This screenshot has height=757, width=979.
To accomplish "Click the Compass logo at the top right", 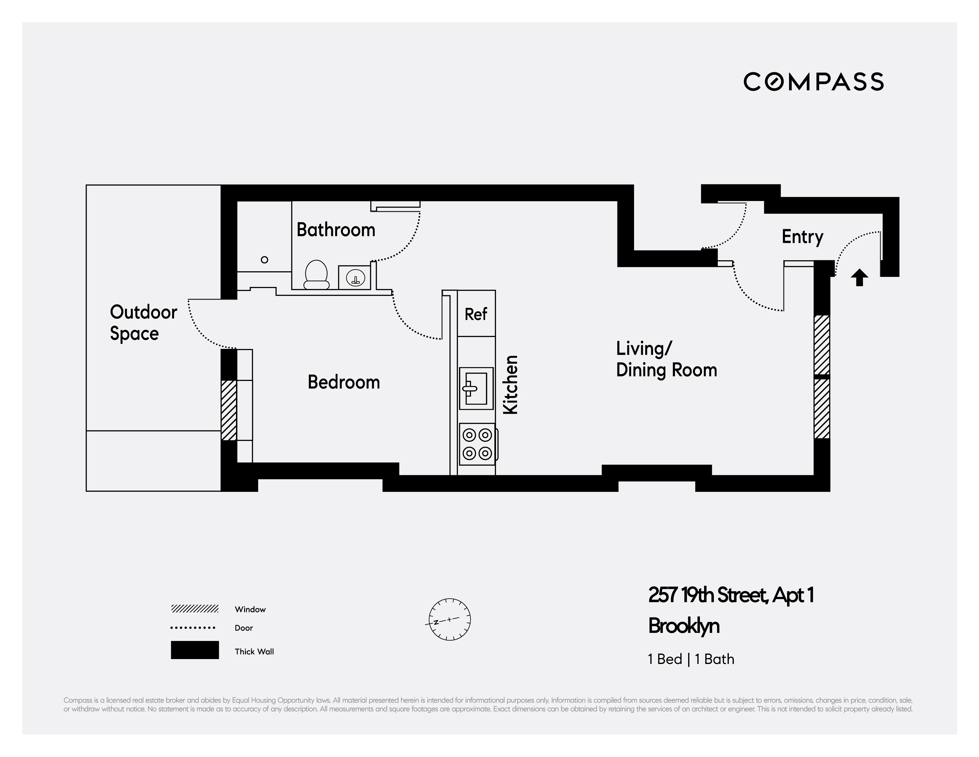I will pos(813,82).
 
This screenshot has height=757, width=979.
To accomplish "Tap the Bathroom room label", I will pos(336,230).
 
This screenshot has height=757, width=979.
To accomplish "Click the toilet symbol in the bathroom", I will pos(317,274).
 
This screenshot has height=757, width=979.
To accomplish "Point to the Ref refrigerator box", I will pos(476,314).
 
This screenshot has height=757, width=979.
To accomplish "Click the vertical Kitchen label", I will pos(511,385).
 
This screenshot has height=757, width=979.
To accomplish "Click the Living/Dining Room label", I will pos(666,359).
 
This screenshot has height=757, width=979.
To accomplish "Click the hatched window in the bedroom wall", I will pos(229,410).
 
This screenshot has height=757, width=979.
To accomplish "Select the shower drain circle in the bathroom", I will pos(264,260).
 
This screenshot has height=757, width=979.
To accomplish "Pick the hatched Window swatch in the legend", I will pos(195,609).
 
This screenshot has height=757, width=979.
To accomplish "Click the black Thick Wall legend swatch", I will pos(195,650).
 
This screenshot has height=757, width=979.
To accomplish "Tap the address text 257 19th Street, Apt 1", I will pos(731,595).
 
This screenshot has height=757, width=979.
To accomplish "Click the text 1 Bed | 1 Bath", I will pos(691,659).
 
